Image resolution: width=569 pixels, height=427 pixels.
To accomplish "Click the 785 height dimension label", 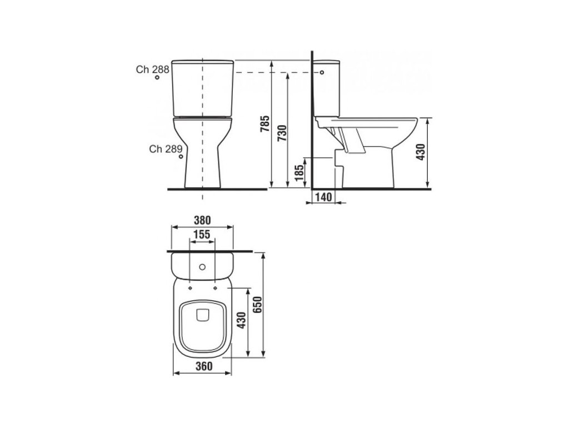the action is [266, 123].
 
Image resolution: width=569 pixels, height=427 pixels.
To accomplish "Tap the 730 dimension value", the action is [282, 133].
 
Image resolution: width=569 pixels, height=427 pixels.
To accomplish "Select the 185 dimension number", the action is [299, 173].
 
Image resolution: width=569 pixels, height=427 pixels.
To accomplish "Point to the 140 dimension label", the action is [324, 197].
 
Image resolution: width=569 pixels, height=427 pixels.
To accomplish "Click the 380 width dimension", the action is [202, 220].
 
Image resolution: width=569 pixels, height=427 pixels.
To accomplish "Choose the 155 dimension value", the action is [202, 235].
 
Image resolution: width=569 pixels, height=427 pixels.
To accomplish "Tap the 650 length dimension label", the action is [257, 305].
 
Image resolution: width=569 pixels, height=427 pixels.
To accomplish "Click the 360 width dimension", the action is [203, 366].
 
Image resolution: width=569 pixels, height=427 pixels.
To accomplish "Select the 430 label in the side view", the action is [421, 152].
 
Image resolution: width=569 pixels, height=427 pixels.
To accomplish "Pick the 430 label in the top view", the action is [241, 320].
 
